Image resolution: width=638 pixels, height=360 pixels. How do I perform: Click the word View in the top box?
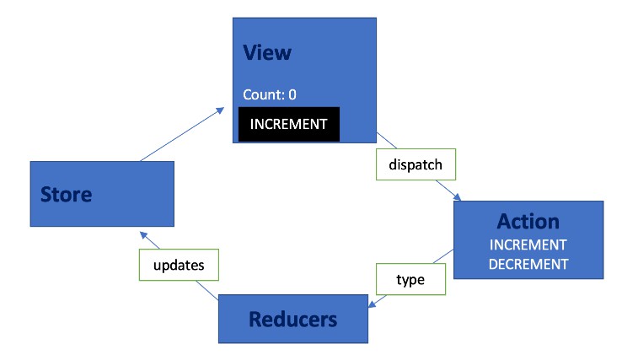(266, 52)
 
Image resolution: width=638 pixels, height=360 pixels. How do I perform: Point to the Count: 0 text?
(269, 94)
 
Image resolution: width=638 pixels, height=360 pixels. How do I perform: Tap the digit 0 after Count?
(292, 94)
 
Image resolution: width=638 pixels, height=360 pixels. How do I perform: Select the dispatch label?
(415, 164)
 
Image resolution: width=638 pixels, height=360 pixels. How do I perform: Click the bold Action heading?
(528, 221)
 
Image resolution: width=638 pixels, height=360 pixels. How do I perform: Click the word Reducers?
(292, 320)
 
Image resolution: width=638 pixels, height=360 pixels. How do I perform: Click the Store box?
(101, 194)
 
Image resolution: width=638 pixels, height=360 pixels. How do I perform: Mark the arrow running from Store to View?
(181, 135)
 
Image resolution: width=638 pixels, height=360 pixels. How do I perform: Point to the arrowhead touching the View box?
(221, 110)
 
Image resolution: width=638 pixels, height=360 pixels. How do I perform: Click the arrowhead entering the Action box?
(458, 197)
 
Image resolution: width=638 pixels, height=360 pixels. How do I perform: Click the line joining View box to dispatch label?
(386, 141)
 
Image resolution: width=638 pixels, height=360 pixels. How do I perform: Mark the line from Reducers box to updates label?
(207, 288)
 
